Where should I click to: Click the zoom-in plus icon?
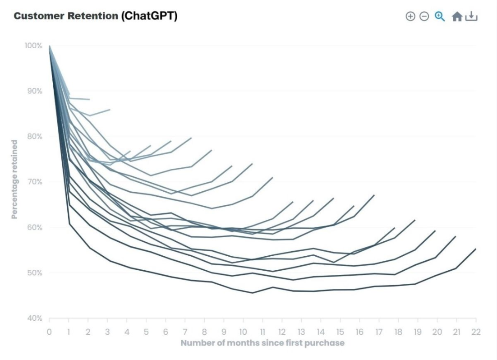(410, 16)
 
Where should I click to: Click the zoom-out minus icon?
(424, 16)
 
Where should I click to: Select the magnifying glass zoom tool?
(440, 16)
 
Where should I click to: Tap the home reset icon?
(457, 17)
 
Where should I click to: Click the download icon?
(471, 16)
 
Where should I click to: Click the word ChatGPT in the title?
(149, 16)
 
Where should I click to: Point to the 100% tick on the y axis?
(34, 46)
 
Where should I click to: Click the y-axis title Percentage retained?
(14, 179)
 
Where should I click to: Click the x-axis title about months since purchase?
(262, 343)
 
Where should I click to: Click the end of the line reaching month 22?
(476, 249)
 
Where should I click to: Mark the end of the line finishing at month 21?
(456, 236)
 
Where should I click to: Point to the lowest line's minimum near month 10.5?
(253, 293)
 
